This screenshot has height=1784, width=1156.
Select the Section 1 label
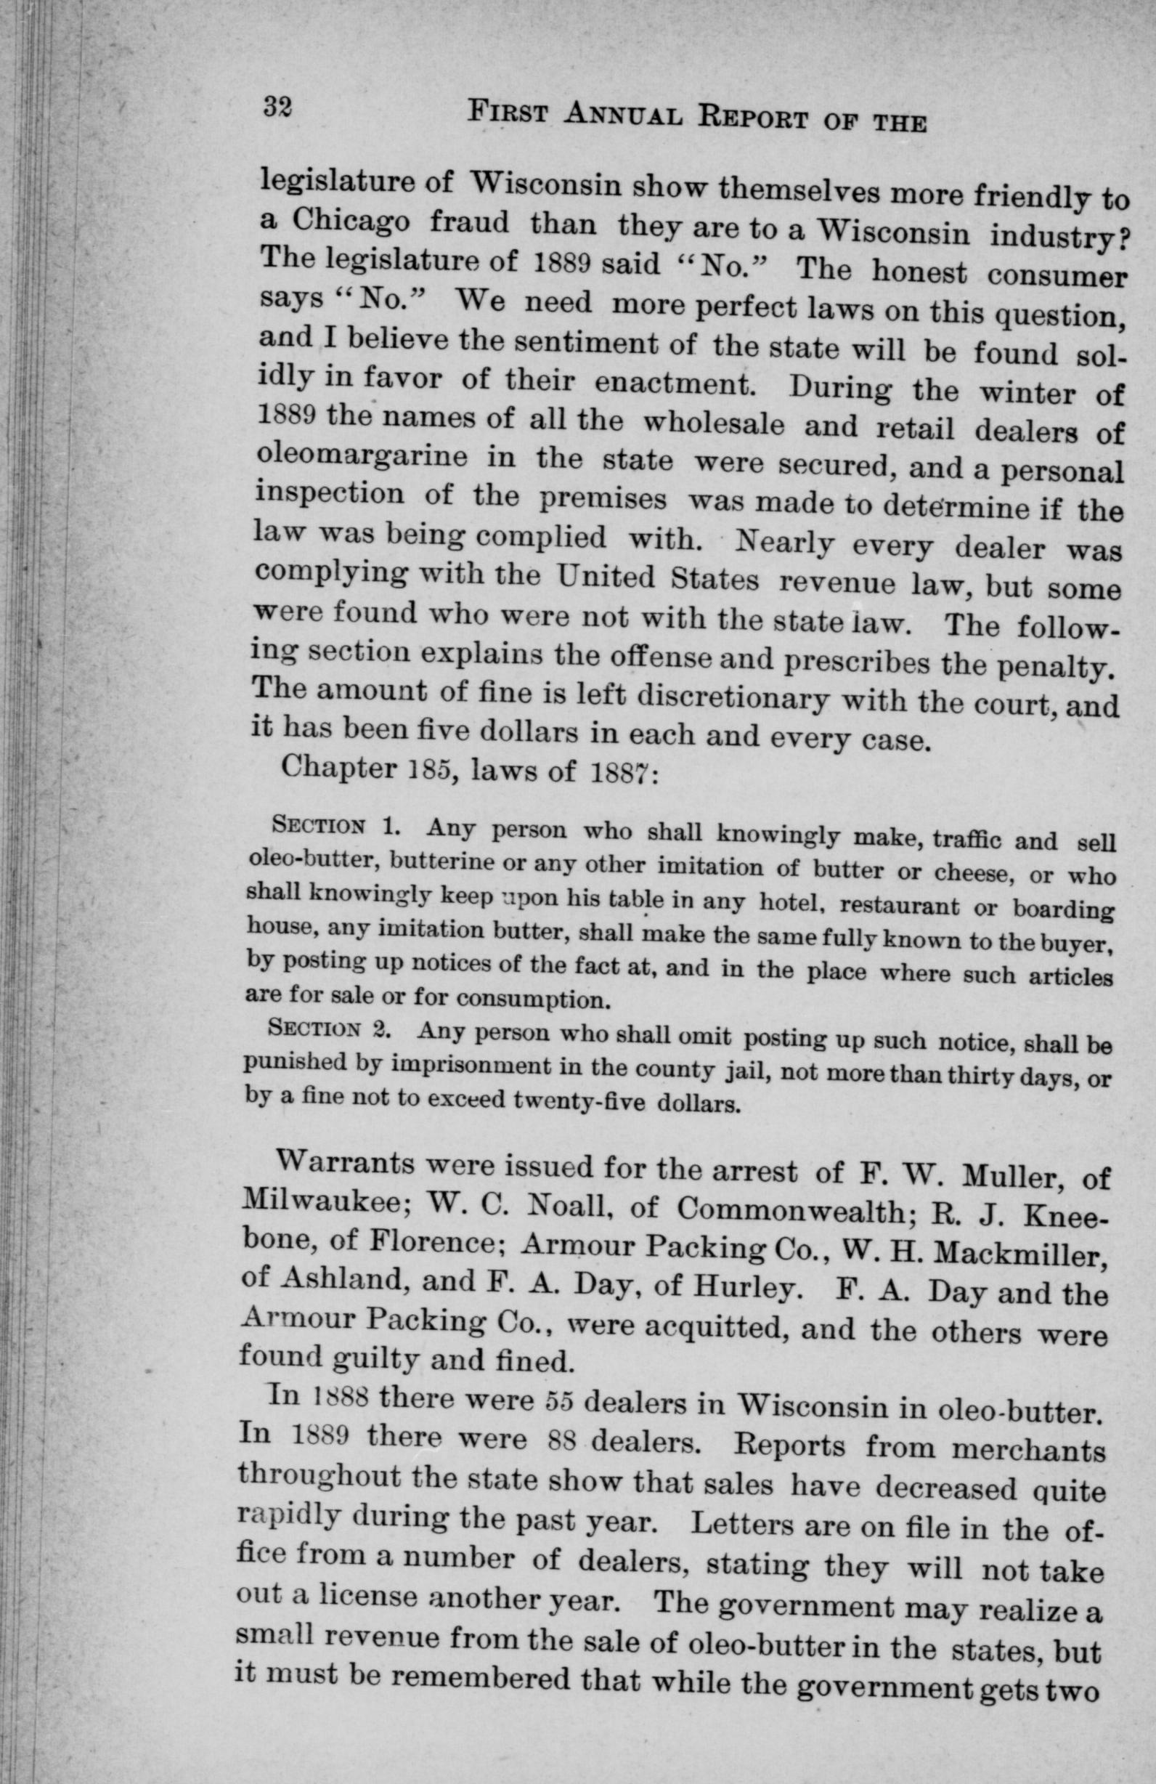click(333, 829)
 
